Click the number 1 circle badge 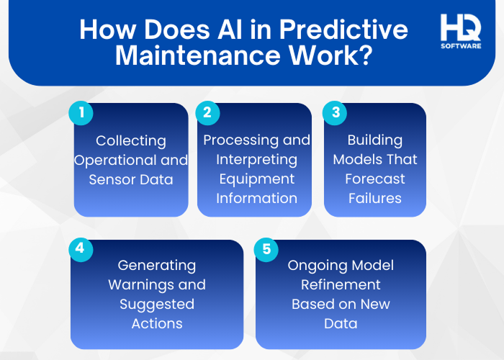click(81, 113)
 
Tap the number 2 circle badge click(207, 113)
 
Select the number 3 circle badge click(334, 113)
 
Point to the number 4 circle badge click(81, 249)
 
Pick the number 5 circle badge click(266, 249)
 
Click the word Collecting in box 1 click(131, 141)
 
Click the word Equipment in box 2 click(256, 179)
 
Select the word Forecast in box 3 click(374, 179)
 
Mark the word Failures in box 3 click(374, 198)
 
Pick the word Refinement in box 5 click(341, 284)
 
